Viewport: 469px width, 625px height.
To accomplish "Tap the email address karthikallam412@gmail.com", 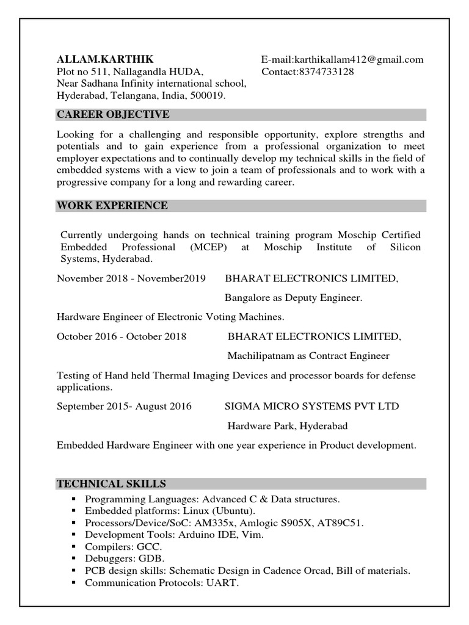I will [358, 59].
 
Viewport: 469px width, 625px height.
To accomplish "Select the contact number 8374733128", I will [325, 71].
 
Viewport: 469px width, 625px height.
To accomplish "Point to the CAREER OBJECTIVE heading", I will [113, 115].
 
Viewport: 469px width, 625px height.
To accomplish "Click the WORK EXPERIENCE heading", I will [112, 206].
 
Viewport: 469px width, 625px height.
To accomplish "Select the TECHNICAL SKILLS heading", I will [111, 484].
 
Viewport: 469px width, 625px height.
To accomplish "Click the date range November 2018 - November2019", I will [131, 278].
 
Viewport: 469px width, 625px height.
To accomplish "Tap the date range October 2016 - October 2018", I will [122, 336].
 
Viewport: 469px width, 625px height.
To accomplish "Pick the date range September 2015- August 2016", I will [124, 406].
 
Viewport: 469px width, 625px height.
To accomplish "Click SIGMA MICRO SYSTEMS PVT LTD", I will [311, 406].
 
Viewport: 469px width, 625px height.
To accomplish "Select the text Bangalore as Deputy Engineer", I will [294, 298].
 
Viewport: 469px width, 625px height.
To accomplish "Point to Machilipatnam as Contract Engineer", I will [308, 356].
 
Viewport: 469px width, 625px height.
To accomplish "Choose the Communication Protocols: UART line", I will [162, 583].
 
